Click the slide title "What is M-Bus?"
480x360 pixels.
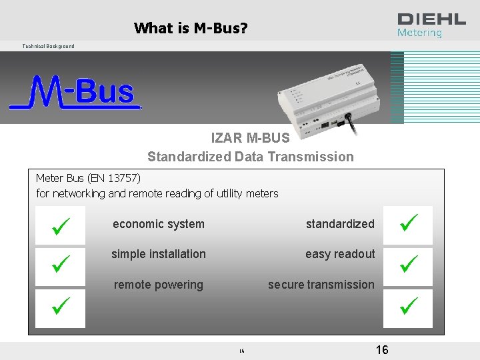coord(191,28)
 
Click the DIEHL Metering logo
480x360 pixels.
coord(431,25)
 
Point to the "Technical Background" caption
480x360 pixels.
coord(48,46)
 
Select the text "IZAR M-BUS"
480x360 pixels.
coord(250,138)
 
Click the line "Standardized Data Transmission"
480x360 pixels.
coord(251,157)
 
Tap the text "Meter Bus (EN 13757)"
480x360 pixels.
coord(88,178)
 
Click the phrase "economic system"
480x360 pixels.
coord(159,224)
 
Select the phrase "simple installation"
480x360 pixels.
coord(159,254)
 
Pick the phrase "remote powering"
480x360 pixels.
coord(159,285)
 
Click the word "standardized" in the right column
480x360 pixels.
coord(340,224)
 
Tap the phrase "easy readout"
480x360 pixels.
coord(340,254)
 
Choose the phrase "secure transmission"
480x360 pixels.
coord(321,285)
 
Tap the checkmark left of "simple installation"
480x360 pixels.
coord(60,267)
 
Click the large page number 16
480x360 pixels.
coord(382,350)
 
